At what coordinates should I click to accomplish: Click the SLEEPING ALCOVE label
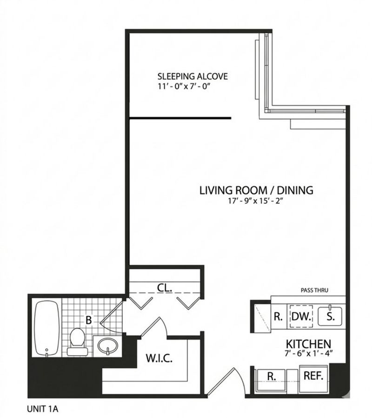pos(193,76)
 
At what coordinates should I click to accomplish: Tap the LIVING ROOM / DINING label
pos(256,190)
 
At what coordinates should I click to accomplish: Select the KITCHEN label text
pos(308,344)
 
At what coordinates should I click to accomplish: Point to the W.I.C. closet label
pos(159,358)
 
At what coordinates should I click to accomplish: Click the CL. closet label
pos(165,288)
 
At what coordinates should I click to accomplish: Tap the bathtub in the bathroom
pos(47,329)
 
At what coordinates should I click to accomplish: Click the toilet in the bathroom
pos(77,342)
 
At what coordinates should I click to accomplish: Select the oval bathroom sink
pos(107,346)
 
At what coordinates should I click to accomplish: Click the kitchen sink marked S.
pos(330,316)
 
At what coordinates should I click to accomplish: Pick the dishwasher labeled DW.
pos(301,317)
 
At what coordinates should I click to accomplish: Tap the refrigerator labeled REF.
pos(313,376)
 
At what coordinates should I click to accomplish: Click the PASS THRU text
pos(314,290)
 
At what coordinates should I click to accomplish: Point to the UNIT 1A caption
pos(43,409)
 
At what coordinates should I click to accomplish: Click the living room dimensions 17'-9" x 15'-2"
pos(255,201)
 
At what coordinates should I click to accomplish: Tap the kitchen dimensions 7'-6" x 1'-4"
pos(309,353)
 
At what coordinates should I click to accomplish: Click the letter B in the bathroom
pos(88,320)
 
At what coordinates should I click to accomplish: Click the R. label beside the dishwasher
pos(278,317)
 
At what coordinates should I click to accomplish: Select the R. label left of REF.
pos(272,377)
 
